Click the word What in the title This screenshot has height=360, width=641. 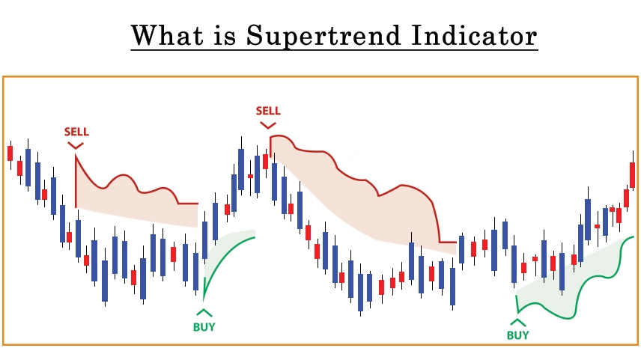[x=167, y=35]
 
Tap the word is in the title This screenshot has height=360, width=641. [x=225, y=35]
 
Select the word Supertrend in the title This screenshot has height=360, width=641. [x=323, y=37]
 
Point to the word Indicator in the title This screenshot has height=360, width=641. [x=474, y=35]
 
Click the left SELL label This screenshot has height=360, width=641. [x=76, y=132]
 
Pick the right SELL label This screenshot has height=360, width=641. [x=268, y=111]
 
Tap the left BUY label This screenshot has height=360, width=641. [x=204, y=327]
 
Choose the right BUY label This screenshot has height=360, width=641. [x=518, y=335]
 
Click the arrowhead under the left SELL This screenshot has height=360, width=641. [x=76, y=145]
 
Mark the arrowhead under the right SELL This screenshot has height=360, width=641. [x=268, y=125]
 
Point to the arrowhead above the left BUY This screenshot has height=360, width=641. [x=204, y=313]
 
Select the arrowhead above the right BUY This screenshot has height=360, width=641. [x=518, y=322]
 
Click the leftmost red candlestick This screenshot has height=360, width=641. [x=10, y=153]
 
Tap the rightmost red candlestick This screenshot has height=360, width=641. [x=633, y=174]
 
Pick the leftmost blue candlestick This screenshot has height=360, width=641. [x=28, y=168]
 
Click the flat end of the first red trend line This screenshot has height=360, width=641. [x=198, y=203]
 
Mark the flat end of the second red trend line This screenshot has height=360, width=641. [x=456, y=242]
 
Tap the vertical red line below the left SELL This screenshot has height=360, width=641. [x=76, y=181]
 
